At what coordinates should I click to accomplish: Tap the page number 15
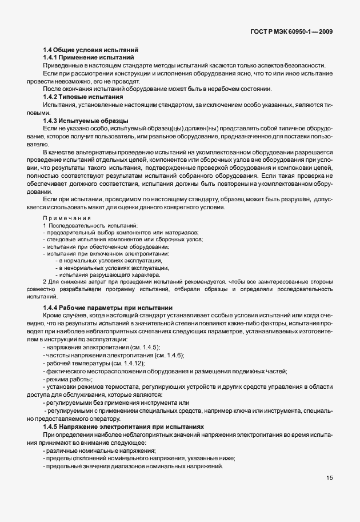click(330, 478)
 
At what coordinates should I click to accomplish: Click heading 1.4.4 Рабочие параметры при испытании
click(107, 308)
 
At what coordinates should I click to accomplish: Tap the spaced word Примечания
click(66, 218)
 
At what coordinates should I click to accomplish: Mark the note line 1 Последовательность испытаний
click(82, 226)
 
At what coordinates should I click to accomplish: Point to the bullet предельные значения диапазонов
click(132, 467)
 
